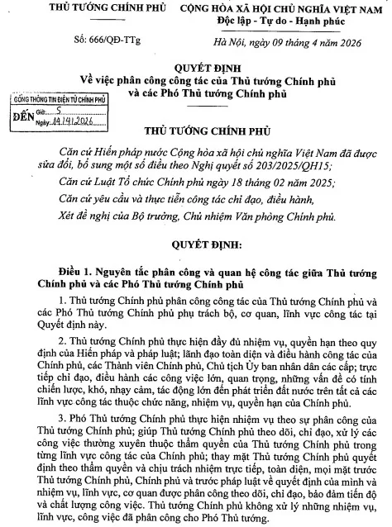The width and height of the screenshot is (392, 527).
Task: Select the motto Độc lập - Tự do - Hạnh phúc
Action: [284, 20]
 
